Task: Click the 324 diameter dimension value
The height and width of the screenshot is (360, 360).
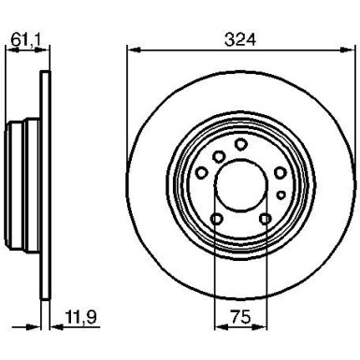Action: pos(240,38)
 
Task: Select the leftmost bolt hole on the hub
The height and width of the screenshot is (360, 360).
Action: pos(200,174)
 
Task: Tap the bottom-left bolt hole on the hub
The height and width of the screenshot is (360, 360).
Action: pos(217,220)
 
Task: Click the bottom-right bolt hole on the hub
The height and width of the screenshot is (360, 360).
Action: pos(266,220)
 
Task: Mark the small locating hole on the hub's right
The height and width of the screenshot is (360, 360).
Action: pos(281,194)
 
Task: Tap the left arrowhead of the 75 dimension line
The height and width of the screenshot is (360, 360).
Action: pos(219,327)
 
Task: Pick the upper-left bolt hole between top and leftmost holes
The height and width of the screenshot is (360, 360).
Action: pos(217,155)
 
